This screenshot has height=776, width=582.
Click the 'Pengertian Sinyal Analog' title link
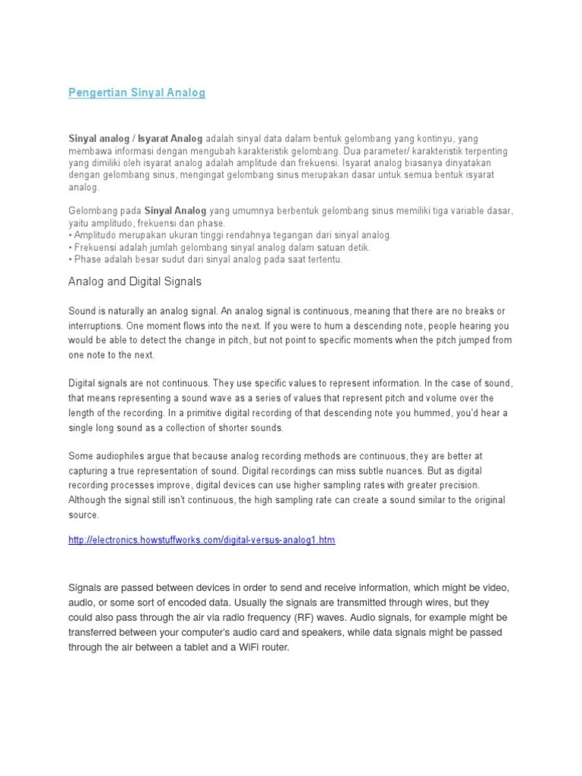point(136,92)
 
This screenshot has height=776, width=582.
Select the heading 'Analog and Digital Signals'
point(135,281)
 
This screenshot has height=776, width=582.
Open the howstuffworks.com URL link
point(201,540)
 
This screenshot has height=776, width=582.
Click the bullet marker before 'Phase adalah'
point(70,259)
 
